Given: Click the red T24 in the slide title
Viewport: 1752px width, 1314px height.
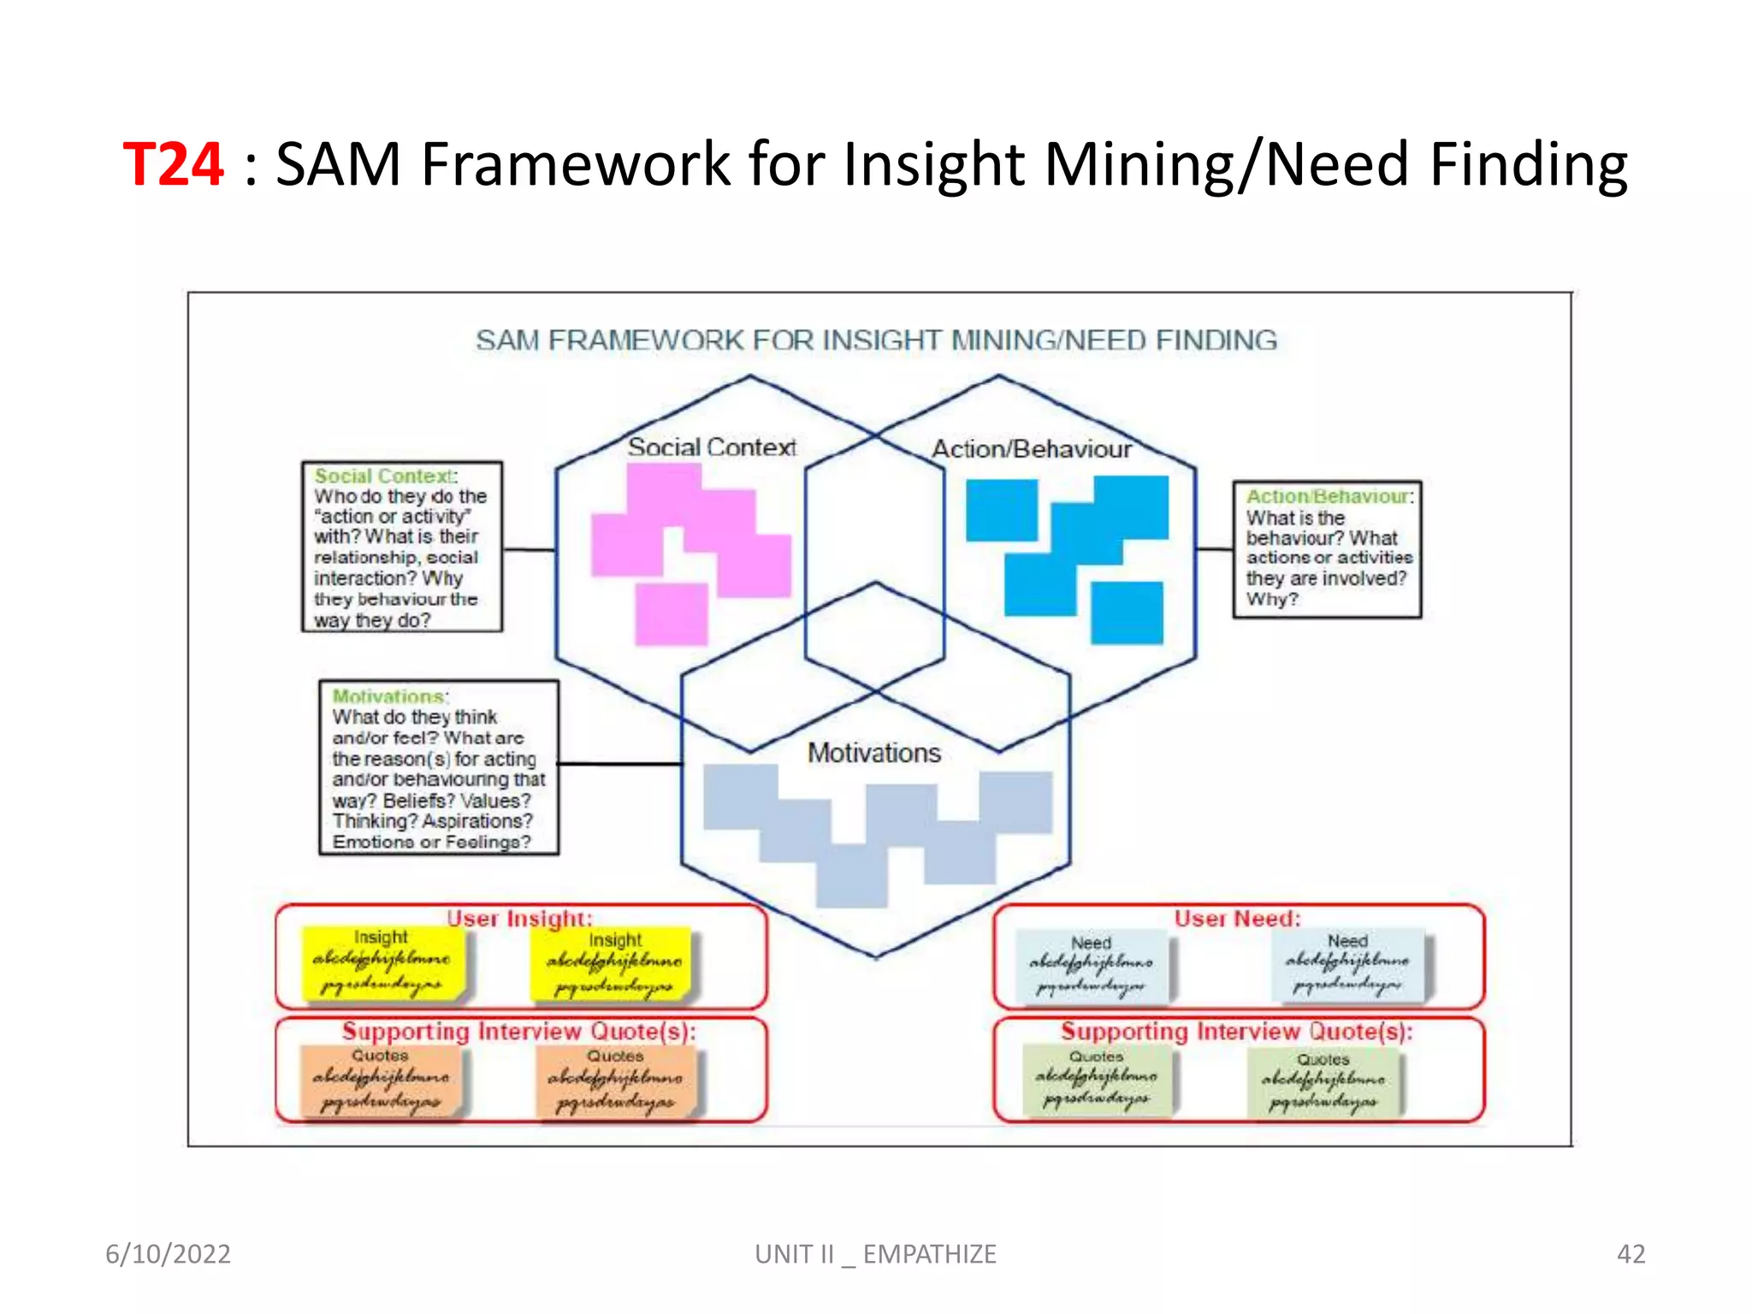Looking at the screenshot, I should tap(174, 163).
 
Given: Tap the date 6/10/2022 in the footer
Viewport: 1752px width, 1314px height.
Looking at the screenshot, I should tap(168, 1253).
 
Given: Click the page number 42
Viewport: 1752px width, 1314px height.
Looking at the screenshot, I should tap(1631, 1253).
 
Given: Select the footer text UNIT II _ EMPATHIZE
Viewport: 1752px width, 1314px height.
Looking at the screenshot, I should tap(875, 1253).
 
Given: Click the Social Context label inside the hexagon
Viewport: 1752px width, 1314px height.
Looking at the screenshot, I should tap(712, 447).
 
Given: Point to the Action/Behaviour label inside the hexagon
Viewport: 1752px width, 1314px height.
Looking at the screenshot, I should tap(1031, 449).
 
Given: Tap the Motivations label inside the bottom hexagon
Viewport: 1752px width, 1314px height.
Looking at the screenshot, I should tap(873, 753).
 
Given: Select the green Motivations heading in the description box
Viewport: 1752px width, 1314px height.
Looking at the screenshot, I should tap(389, 695).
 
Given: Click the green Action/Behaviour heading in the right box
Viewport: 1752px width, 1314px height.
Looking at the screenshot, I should tap(1329, 496).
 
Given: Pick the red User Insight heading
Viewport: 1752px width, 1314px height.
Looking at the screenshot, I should tap(518, 918).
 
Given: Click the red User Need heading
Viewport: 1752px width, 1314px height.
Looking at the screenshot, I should tap(1237, 918).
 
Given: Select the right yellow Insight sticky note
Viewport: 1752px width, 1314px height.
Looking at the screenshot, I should tap(613, 964).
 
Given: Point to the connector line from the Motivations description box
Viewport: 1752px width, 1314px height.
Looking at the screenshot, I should tap(619, 763).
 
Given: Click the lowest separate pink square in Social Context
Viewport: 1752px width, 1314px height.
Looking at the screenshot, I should tap(672, 613).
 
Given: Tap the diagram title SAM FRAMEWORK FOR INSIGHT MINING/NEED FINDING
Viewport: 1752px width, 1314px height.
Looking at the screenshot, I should tap(876, 340).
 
